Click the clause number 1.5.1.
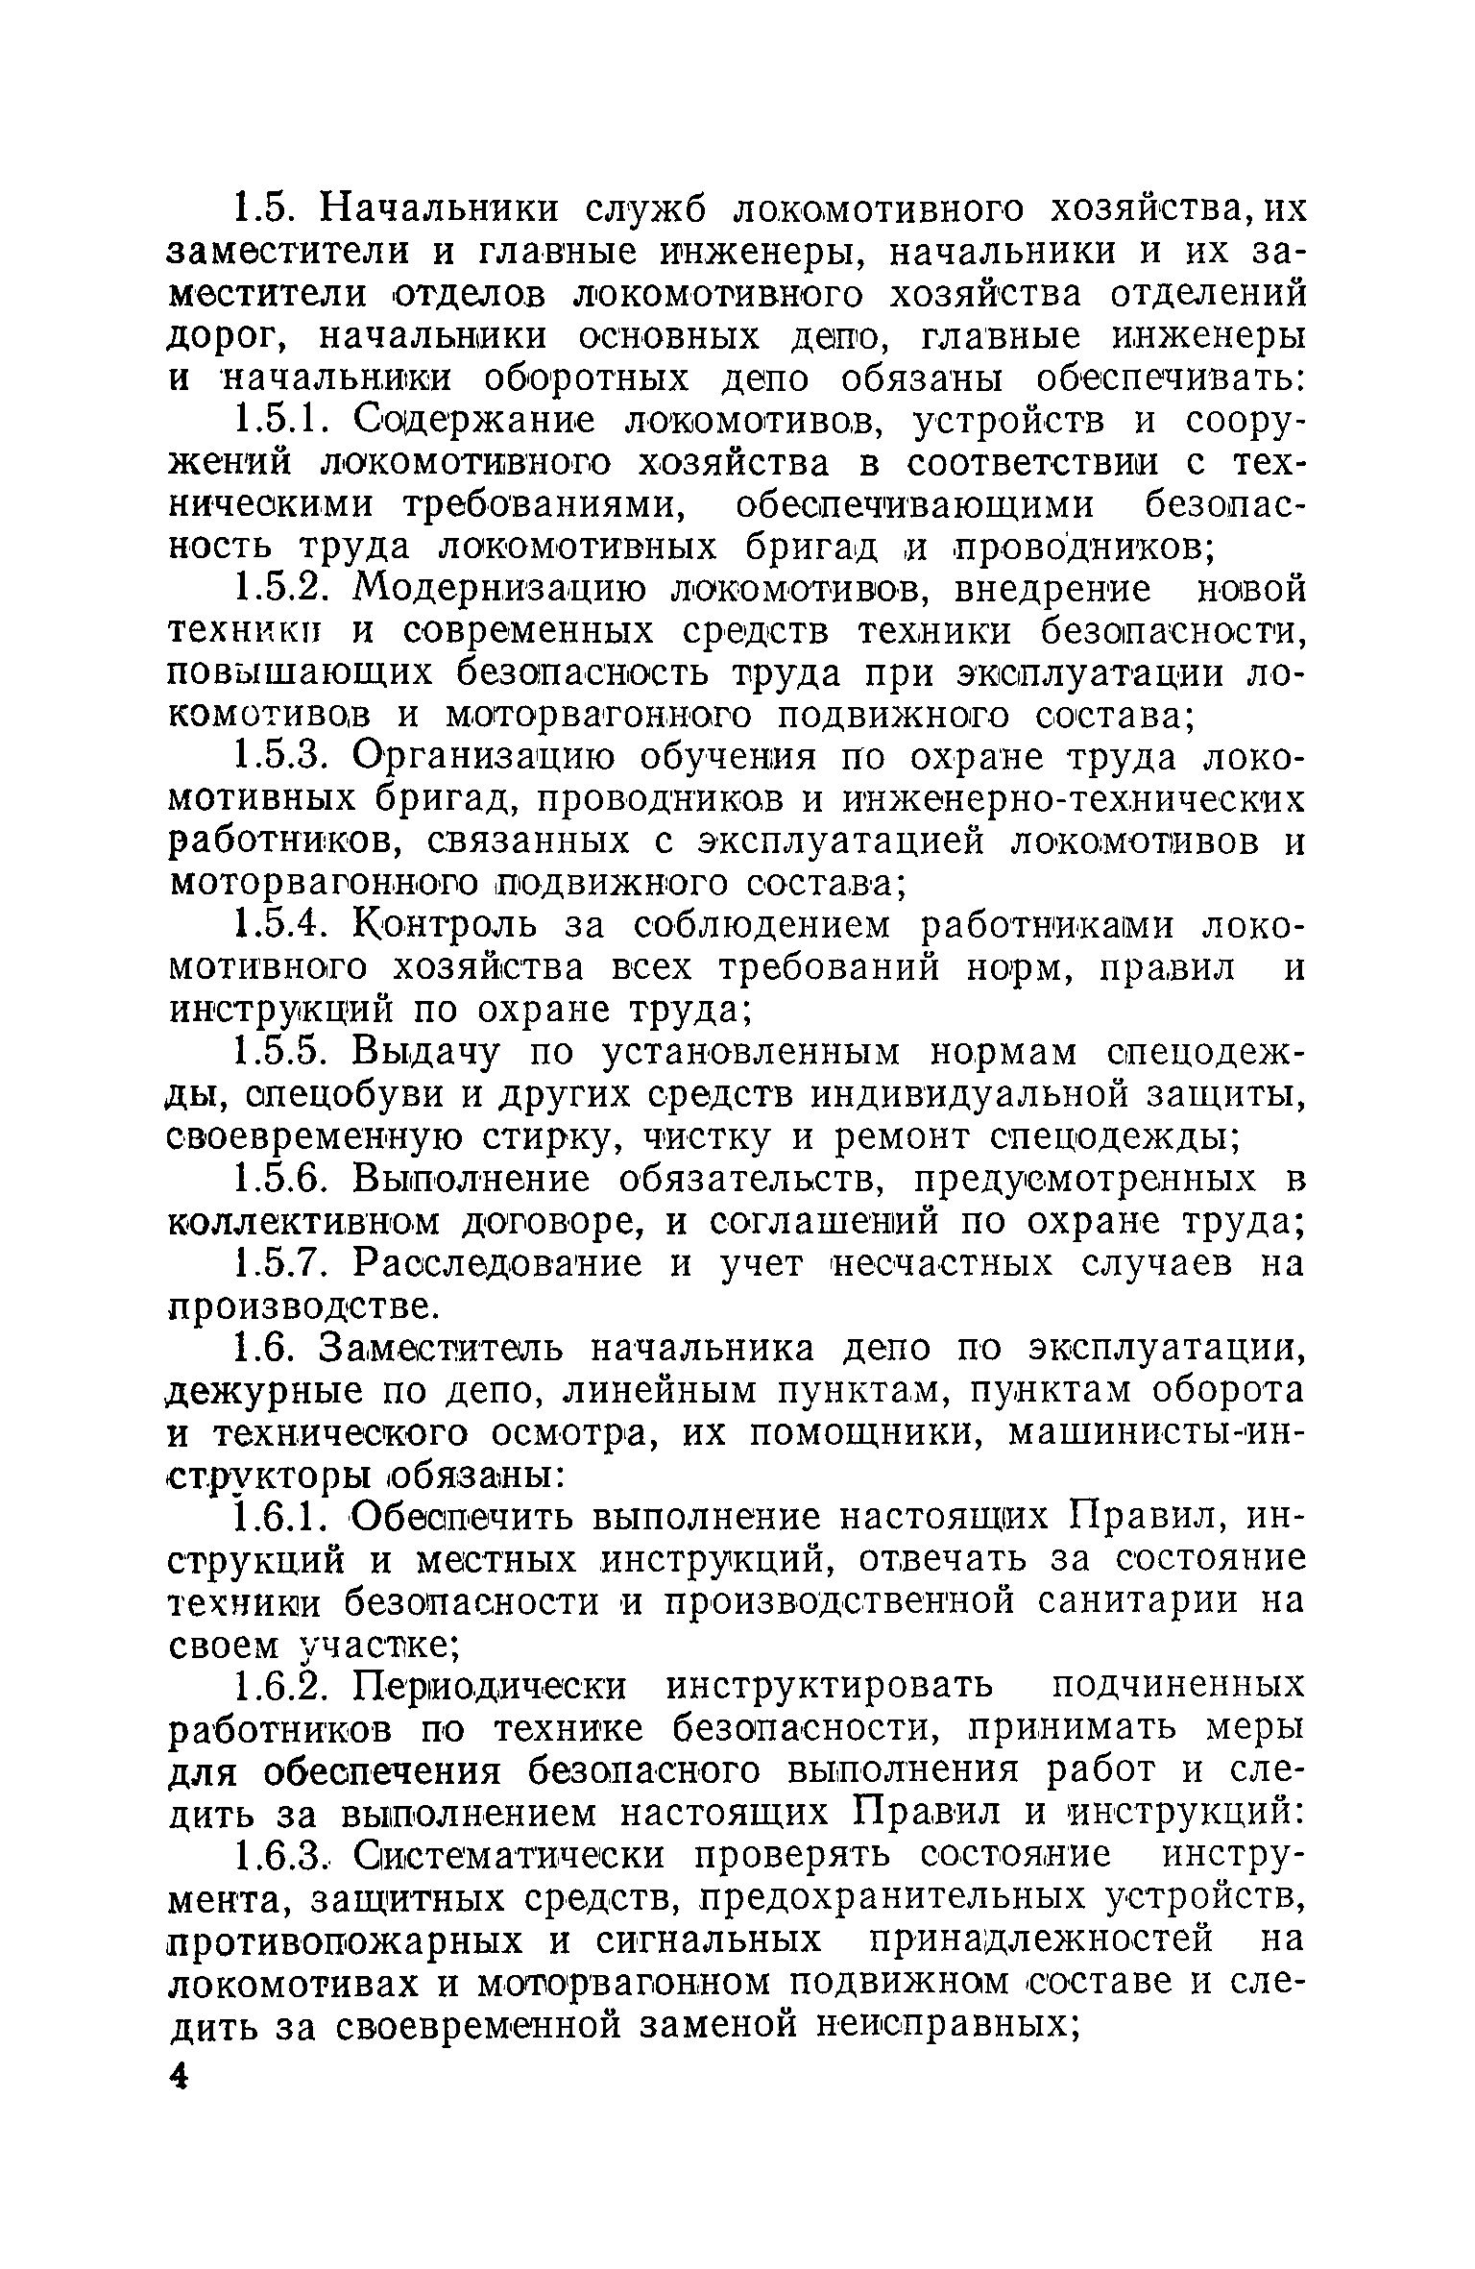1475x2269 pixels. pyautogui.click(x=284, y=422)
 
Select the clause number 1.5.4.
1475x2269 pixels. pyautogui.click(x=284, y=926)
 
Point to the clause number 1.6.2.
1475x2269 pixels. pyautogui.click(x=284, y=1686)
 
